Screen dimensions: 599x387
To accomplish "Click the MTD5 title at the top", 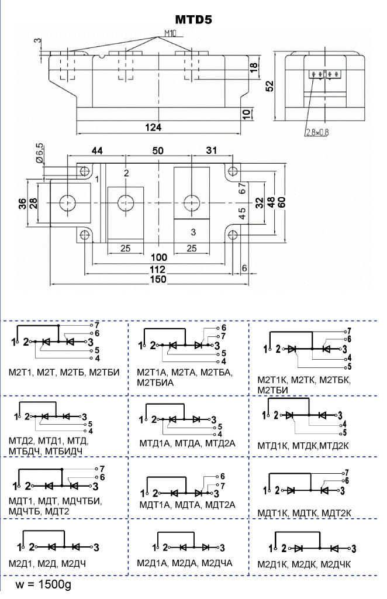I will [x=193, y=20].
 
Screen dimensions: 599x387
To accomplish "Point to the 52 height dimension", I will [x=270, y=85].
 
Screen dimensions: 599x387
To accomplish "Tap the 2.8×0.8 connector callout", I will [x=317, y=132].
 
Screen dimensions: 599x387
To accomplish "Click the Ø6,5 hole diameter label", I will [x=40, y=152].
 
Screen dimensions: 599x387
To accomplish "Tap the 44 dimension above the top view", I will [x=96, y=150].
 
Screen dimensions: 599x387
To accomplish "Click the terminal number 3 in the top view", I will [x=193, y=232].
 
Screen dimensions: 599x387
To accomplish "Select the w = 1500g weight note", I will [x=44, y=585].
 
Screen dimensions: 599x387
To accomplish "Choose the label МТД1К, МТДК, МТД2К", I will [x=303, y=446].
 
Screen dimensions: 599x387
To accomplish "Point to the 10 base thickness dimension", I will [x=246, y=113].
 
